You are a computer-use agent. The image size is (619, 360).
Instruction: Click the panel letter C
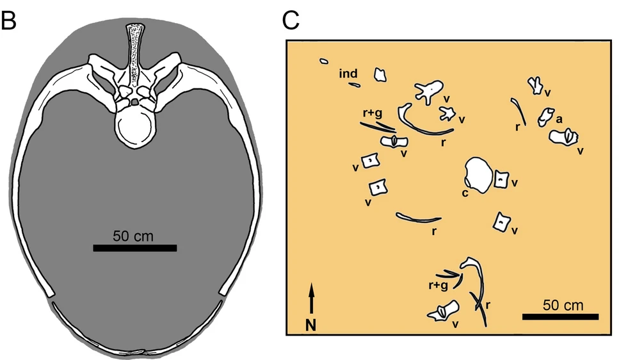291,20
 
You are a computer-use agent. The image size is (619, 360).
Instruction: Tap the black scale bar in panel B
134,248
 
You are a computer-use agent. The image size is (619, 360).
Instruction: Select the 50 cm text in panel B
133,235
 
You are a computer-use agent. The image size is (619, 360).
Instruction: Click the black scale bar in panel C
560,316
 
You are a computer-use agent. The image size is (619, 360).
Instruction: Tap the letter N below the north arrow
311,325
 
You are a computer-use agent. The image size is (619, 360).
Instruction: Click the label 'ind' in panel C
348,74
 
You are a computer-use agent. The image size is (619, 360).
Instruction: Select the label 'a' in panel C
559,119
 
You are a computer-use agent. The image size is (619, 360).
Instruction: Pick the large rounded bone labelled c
478,175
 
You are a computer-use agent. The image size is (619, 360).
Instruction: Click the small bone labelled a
545,116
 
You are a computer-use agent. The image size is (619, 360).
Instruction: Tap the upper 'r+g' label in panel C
371,113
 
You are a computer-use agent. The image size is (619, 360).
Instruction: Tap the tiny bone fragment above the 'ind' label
324,61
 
